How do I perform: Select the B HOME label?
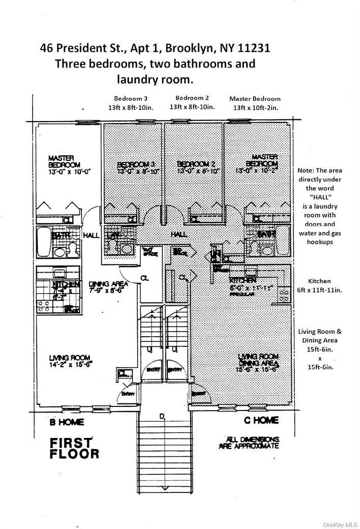(67, 422)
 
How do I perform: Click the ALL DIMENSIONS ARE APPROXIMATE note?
(249, 442)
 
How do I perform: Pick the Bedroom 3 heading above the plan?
(131, 102)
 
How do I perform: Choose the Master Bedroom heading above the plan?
(254, 103)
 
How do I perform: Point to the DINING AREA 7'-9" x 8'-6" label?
(107, 288)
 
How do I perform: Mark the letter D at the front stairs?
(162, 417)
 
